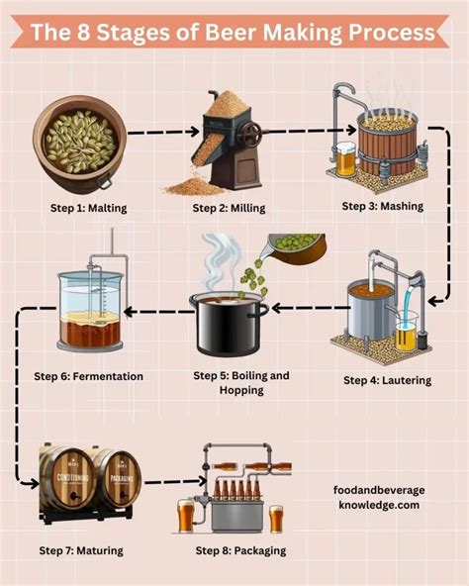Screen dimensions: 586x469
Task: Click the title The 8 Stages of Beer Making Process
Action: click(234, 32)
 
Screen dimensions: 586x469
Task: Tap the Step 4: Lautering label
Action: click(387, 380)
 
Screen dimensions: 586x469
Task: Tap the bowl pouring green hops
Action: click(296, 244)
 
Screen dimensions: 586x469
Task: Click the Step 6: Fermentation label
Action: click(88, 376)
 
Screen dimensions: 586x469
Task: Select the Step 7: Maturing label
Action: click(81, 549)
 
